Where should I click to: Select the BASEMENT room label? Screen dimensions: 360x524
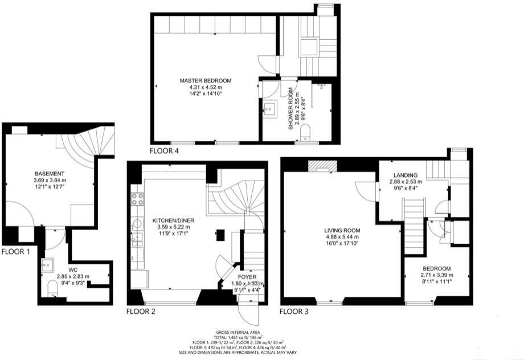pos(49,174)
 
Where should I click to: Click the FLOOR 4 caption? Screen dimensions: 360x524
pos(164,151)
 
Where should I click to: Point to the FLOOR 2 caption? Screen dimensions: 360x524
pos(141,312)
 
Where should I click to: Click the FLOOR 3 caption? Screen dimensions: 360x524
pos(295,312)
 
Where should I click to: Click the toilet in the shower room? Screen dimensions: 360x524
pos(306,133)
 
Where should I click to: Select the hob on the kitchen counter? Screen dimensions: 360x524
pos(137,199)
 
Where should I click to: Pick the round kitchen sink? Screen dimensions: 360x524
pos(137,222)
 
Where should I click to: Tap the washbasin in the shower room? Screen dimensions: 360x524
pos(269,107)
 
